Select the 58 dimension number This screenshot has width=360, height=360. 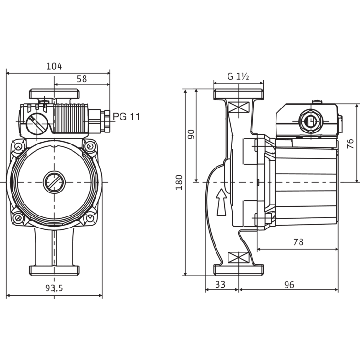pyautogui.click(x=82, y=77)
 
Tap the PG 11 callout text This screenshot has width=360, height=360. pyautogui.click(x=127, y=117)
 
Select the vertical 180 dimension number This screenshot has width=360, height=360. pyautogui.click(x=179, y=182)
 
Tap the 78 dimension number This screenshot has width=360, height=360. pyautogui.click(x=298, y=242)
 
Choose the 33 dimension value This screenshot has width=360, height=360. pyautogui.click(x=220, y=285)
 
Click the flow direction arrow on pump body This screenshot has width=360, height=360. pyautogui.click(x=221, y=201)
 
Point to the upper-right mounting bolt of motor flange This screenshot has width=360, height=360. pyautogui.click(x=89, y=145)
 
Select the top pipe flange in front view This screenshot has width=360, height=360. pyautogui.click(x=54, y=94)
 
